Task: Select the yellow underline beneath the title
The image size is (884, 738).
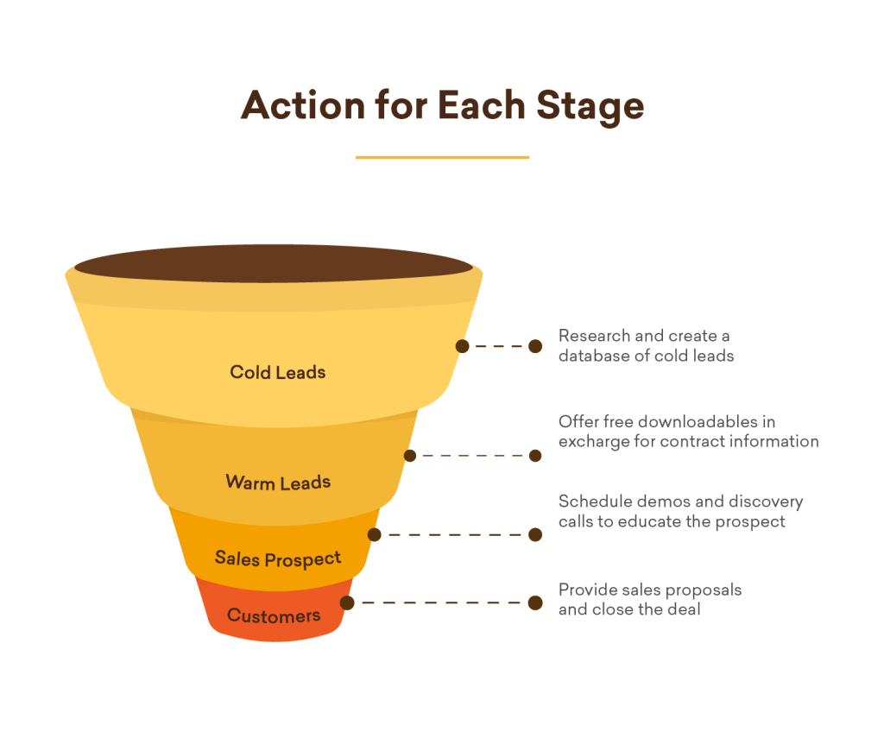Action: (x=442, y=157)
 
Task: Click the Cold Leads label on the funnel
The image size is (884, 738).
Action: (x=277, y=373)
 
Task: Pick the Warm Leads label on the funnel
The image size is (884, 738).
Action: (x=278, y=482)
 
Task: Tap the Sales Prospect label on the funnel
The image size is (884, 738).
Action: (x=278, y=558)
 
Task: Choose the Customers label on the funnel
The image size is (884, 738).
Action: (x=274, y=616)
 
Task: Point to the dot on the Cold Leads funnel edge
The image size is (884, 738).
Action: (x=463, y=346)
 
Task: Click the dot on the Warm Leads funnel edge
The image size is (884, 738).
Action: (x=410, y=456)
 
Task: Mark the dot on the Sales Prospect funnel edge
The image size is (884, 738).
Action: (x=375, y=534)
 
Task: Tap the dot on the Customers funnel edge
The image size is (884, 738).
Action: (x=347, y=602)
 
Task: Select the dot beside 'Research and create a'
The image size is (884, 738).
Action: (x=535, y=346)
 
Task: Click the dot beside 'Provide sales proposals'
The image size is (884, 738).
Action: (x=535, y=602)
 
